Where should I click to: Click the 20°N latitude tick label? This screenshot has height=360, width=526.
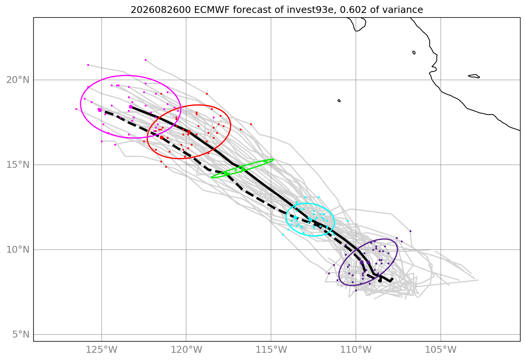tap(18, 80)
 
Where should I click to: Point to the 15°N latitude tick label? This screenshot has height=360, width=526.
tap(18, 165)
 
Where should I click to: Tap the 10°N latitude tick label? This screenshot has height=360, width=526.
tap(18, 250)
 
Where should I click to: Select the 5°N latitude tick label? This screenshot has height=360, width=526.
tap(21, 335)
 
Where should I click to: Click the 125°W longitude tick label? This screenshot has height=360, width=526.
tap(102, 350)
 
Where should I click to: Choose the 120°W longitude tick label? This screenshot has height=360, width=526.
tap(186, 350)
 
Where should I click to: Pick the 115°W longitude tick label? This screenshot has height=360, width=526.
tap(271, 350)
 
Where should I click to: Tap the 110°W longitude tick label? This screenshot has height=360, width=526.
tap(356, 350)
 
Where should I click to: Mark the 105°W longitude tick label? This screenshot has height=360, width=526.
tap(440, 350)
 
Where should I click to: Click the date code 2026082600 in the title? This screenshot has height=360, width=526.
tap(161, 10)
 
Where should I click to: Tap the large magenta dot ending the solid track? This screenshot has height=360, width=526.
tap(131, 107)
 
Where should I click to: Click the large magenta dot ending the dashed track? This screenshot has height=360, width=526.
tap(100, 110)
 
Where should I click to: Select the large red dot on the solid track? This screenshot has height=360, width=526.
tap(189, 132)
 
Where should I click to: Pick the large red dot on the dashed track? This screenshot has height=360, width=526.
tap(161, 138)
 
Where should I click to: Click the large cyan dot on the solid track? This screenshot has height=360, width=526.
tap(311, 220)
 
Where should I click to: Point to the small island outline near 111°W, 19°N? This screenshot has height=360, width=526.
tap(339, 101)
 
